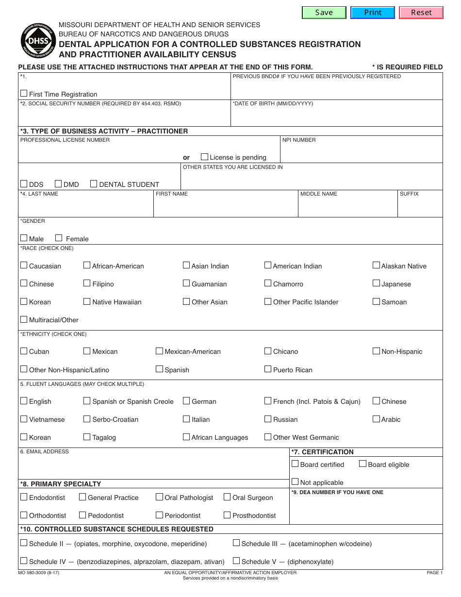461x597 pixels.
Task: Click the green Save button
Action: tap(324, 13)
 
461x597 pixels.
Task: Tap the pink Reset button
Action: tap(421, 13)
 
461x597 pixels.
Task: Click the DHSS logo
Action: tap(38, 41)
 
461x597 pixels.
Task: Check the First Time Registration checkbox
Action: tap(24, 93)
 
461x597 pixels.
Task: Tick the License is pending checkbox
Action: tap(204, 157)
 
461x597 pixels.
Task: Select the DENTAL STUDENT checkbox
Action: tap(94, 183)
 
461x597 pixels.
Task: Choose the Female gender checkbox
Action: tap(59, 238)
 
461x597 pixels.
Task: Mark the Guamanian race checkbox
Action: tap(186, 283)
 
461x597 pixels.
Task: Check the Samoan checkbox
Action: tap(376, 301)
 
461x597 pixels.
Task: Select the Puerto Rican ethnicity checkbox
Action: tap(268, 369)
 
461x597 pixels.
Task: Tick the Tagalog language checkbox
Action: tap(87, 436)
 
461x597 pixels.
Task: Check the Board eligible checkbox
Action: tap(362, 464)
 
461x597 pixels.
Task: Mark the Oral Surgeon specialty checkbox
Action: tap(227, 497)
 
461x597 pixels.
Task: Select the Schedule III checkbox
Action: tap(236, 543)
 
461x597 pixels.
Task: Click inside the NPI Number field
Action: tap(361, 153)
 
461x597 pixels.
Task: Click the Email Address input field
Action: tap(153, 467)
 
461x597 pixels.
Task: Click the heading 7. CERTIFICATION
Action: tap(323, 452)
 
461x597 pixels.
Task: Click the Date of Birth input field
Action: tap(336, 116)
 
